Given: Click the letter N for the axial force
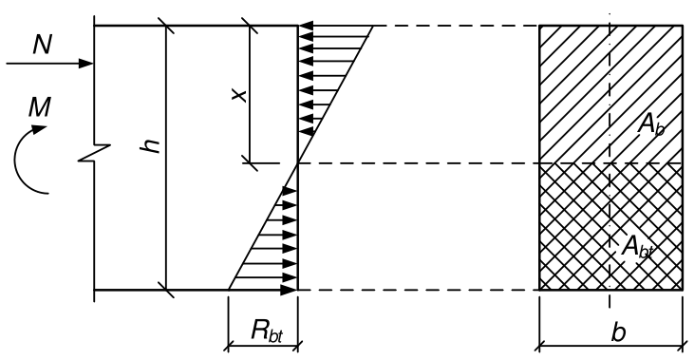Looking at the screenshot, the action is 42,45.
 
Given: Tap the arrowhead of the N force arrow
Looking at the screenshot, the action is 85,64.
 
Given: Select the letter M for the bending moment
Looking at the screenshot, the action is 39,107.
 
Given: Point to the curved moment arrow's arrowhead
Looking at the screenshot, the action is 38,129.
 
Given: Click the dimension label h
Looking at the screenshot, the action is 150,145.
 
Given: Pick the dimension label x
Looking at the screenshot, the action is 239,95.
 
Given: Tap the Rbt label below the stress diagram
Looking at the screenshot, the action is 267,331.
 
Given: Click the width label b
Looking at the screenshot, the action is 618,332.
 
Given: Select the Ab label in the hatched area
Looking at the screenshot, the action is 650,125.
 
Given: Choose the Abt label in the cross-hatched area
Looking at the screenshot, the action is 638,247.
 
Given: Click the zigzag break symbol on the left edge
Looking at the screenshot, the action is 94,153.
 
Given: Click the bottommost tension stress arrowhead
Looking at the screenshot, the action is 289,290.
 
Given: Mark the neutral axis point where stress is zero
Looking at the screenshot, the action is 298,163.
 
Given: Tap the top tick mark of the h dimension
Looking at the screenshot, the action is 166,26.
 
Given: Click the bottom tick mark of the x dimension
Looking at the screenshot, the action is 250,163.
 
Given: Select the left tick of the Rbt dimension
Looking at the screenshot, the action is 229,347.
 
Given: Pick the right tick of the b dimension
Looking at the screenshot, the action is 682,347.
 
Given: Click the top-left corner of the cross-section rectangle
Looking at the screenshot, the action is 539,26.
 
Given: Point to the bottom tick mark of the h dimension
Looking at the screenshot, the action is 166,290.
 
